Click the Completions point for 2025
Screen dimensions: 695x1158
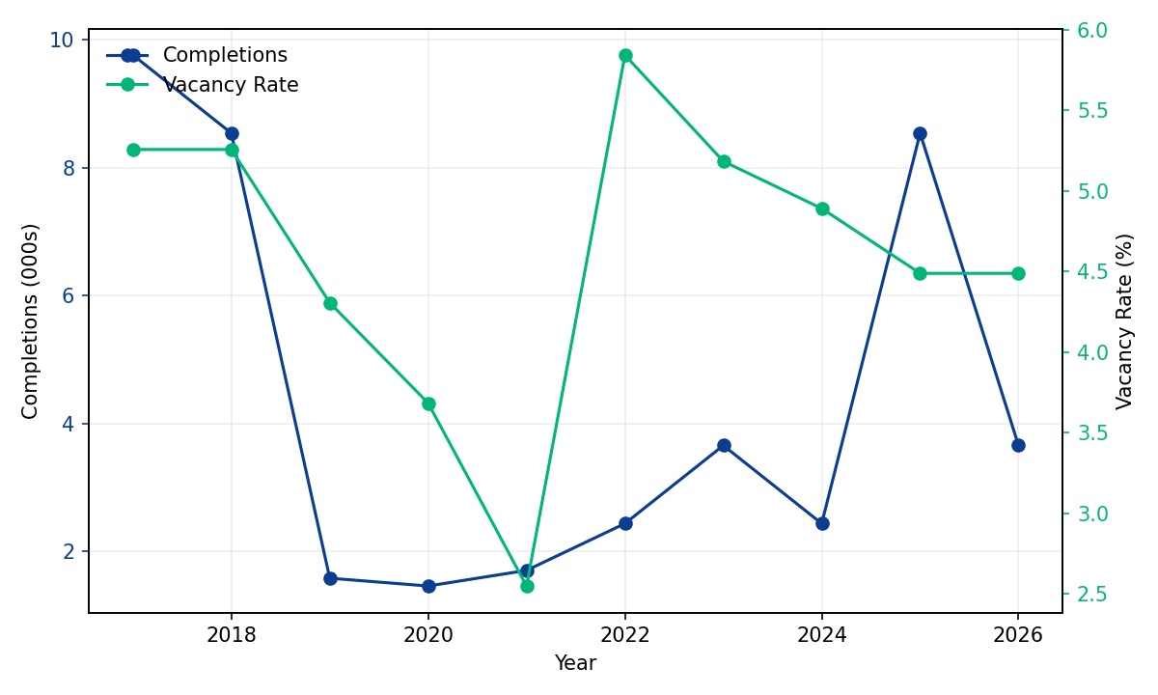pyautogui.click(x=920, y=133)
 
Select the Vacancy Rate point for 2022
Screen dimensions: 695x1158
pyautogui.click(x=625, y=55)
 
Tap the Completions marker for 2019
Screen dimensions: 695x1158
pyautogui.click(x=330, y=578)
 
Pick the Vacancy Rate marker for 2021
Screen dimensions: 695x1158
pyautogui.click(x=527, y=586)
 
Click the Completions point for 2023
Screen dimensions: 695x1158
pyautogui.click(x=724, y=445)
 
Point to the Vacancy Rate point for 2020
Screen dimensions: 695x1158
pyautogui.click(x=428, y=403)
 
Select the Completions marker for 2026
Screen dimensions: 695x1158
pyautogui.click(x=1018, y=445)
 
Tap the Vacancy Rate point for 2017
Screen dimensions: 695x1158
pyautogui.click(x=133, y=150)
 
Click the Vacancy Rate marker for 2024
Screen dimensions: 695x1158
pyautogui.click(x=822, y=208)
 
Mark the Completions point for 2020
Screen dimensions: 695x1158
pyautogui.click(x=428, y=586)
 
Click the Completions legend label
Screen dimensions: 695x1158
pyautogui.click(x=225, y=56)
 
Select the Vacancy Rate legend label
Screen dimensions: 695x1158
pyautogui.click(x=231, y=85)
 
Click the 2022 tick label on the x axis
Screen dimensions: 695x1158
pyautogui.click(x=625, y=634)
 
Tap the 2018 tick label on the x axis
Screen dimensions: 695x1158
pyautogui.click(x=232, y=634)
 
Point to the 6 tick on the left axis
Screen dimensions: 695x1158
pyautogui.click(x=69, y=295)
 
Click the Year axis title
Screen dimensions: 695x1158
pyautogui.click(x=575, y=663)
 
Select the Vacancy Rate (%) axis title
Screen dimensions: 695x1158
pyautogui.click(x=1125, y=321)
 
